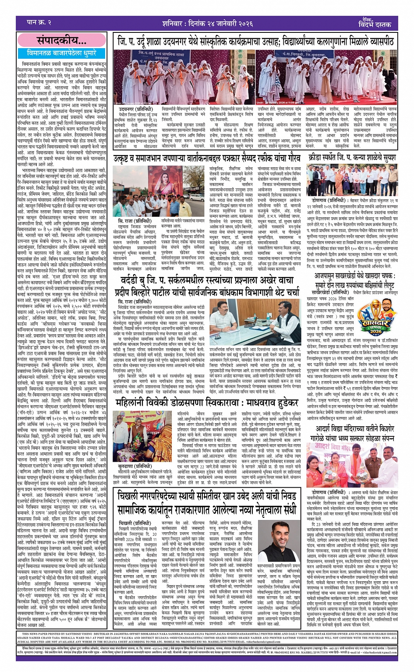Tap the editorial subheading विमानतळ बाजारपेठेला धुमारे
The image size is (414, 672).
click(x=61, y=53)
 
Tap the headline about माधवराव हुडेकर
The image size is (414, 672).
click(x=206, y=402)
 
